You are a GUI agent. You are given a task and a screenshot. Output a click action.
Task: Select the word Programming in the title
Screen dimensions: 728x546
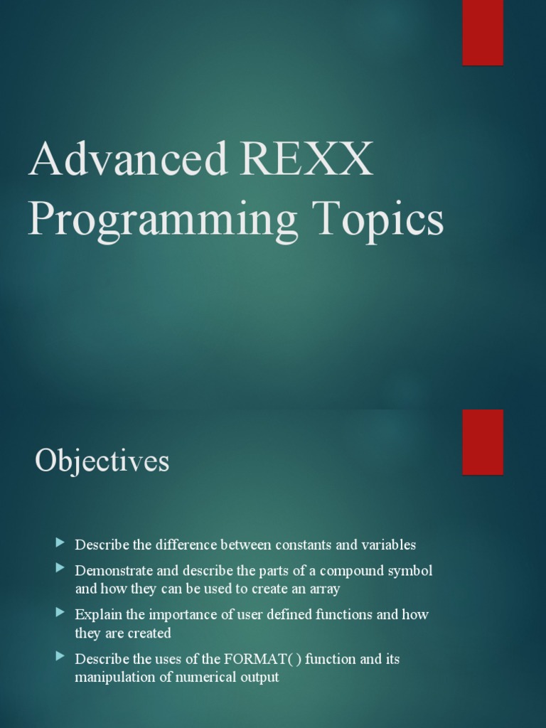pyautogui.click(x=163, y=221)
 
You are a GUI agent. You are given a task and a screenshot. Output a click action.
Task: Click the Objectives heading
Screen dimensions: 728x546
pyautogui.click(x=102, y=461)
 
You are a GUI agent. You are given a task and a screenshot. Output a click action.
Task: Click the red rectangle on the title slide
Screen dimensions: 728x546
pyautogui.click(x=483, y=33)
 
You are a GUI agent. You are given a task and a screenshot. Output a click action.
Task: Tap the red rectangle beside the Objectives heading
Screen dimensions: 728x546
pyautogui.click(x=483, y=441)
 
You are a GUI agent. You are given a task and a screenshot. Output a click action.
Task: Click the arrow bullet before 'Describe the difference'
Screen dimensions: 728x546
pyautogui.click(x=60, y=544)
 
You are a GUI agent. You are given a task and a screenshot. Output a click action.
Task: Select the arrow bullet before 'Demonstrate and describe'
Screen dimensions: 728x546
pyautogui.click(x=60, y=569)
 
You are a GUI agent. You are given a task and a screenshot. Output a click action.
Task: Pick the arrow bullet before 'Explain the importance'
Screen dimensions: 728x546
pyautogui.click(x=60, y=612)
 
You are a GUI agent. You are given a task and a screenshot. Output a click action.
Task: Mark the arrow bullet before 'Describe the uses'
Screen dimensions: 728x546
pyautogui.click(x=60, y=656)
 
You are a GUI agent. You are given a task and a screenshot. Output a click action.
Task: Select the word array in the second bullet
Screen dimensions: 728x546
pyautogui.click(x=325, y=589)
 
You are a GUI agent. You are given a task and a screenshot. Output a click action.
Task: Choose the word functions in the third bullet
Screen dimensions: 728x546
pyautogui.click(x=340, y=614)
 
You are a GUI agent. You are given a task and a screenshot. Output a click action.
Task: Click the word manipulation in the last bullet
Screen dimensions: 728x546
pyautogui.click(x=114, y=677)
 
